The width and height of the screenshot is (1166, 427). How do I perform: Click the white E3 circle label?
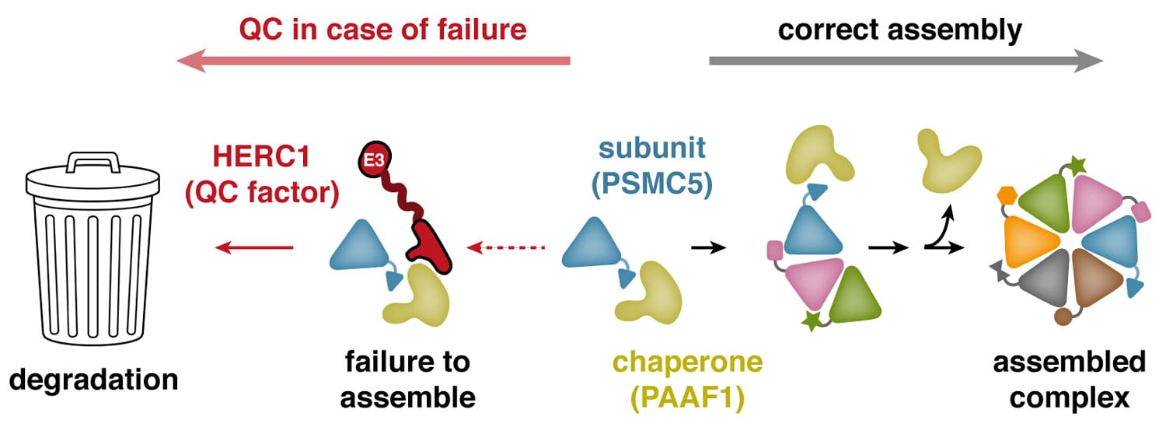pos(375,161)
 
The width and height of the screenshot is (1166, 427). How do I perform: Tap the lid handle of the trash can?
pos(93,162)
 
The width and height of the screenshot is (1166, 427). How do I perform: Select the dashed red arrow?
pos(506,248)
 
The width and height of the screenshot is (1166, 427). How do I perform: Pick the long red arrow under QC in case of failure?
pos(373,61)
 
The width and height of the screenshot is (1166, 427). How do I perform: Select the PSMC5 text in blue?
pos(652,187)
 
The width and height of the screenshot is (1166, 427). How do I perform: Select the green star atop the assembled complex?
pos(1077,166)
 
